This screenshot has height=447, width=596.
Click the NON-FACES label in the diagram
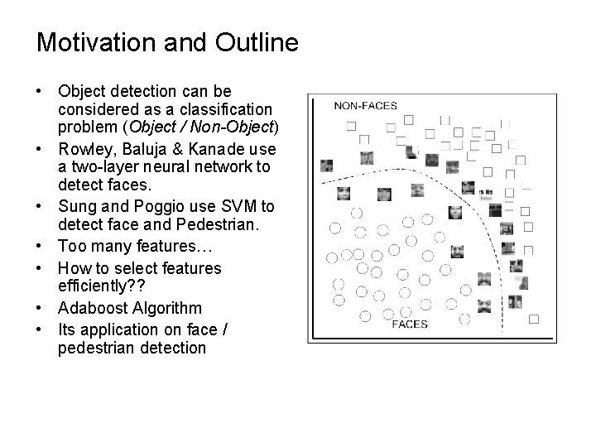pos(365,105)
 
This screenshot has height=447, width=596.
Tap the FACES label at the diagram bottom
pos(410,323)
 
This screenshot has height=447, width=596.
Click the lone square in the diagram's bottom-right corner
pos(533,318)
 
